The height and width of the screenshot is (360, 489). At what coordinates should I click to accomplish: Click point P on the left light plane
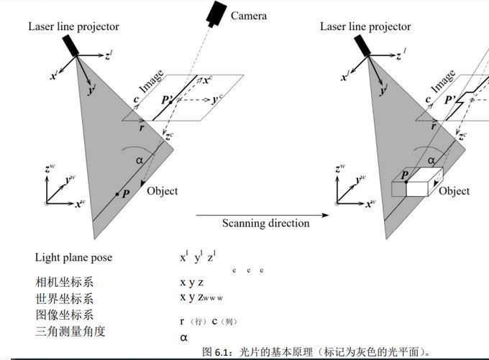[117, 194]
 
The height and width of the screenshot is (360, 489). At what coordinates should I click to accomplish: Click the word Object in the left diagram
[162, 191]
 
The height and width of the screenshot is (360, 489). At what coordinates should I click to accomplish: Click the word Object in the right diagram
[454, 191]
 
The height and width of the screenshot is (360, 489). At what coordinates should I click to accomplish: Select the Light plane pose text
[73, 257]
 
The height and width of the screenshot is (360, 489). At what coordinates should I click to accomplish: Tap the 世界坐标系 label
[63, 298]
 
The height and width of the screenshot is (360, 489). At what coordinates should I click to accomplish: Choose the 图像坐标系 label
[63, 315]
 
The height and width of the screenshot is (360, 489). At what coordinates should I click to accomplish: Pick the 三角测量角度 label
[70, 331]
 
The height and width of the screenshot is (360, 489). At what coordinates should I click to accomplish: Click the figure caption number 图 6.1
[216, 352]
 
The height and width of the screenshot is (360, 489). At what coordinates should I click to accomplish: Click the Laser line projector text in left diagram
[73, 27]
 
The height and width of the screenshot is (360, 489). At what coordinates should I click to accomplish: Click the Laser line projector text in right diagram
[365, 27]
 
